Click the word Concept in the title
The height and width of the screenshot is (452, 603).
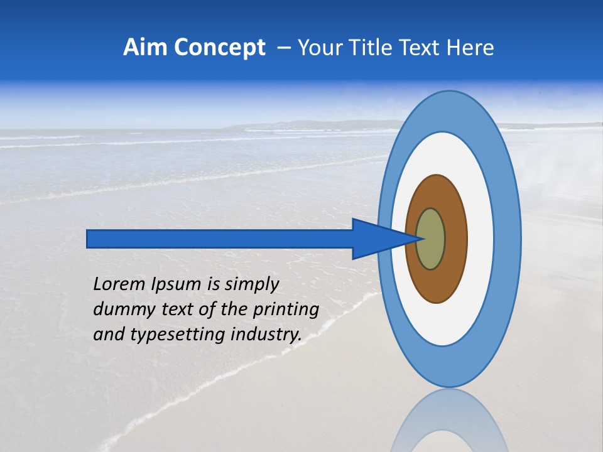coord(219,48)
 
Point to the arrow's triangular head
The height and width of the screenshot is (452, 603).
coord(377,239)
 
